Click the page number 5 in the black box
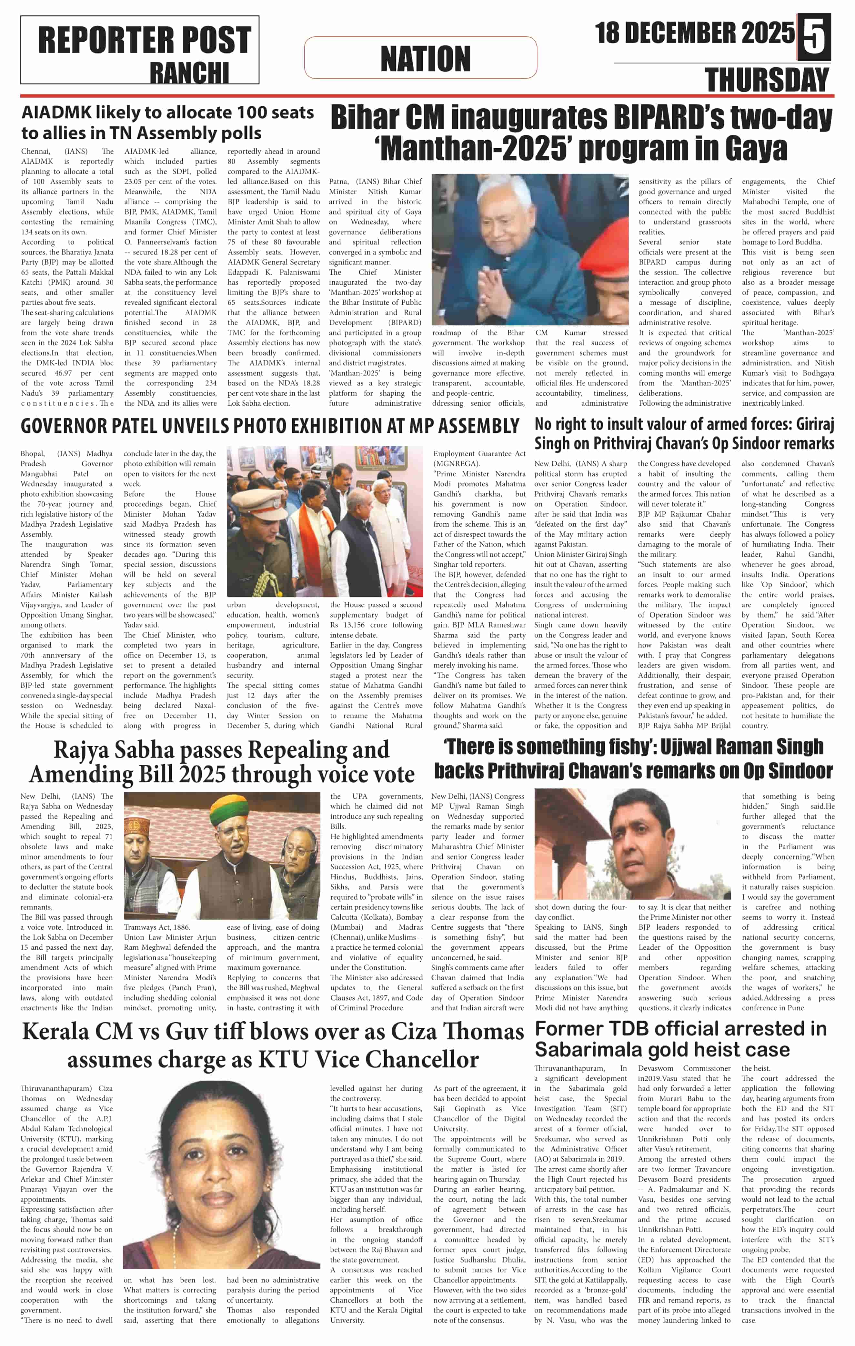pyautogui.click(x=814, y=36)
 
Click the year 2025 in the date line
pyautogui.click(x=766, y=33)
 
